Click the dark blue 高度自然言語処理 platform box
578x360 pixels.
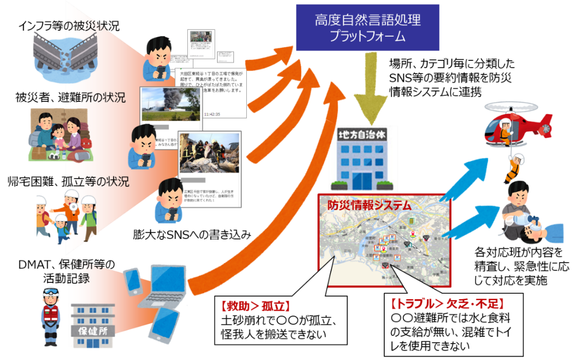tap(367, 28)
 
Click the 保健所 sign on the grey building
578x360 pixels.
tap(94, 330)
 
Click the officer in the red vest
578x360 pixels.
tap(50, 312)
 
